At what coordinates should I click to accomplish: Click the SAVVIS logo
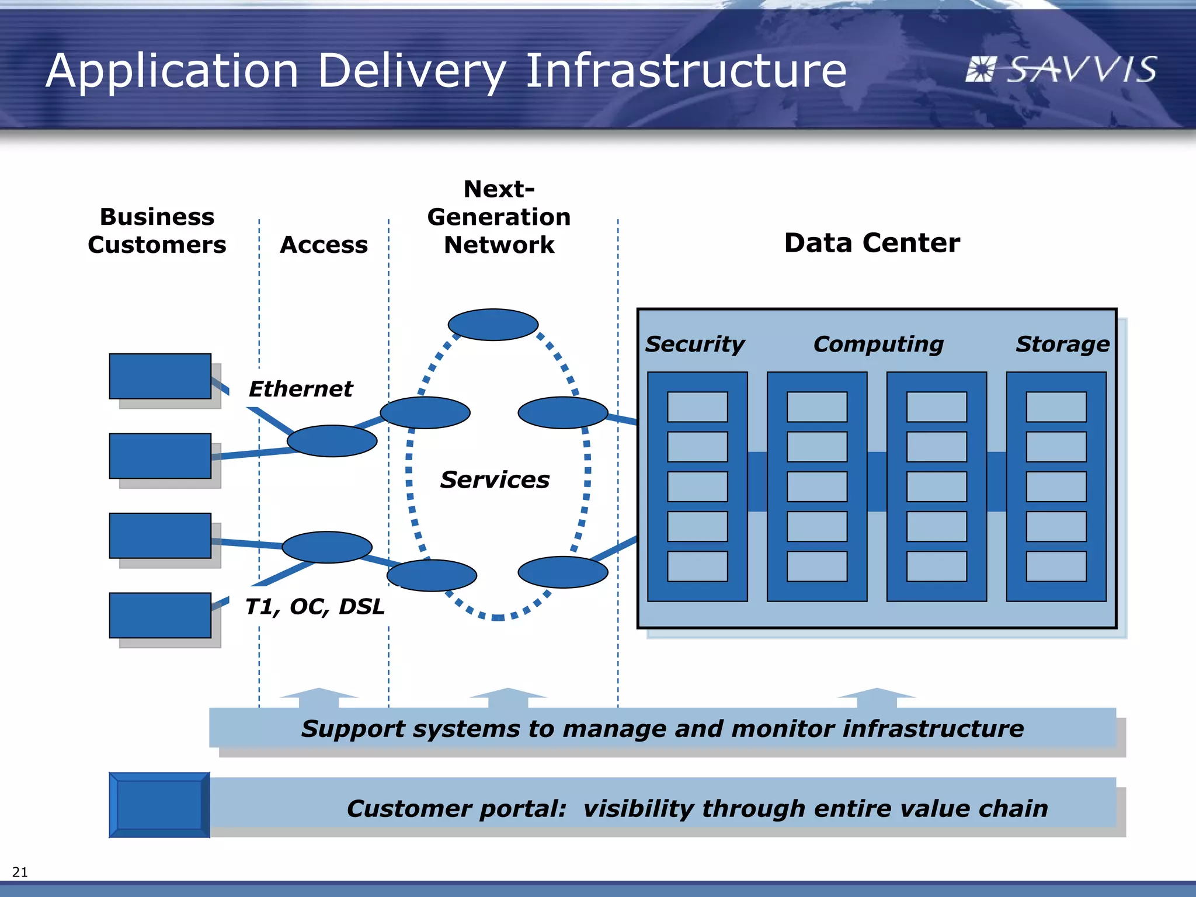point(1060,70)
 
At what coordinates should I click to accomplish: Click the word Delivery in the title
point(412,71)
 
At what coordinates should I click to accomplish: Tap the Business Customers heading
point(157,231)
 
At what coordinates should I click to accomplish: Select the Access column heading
point(324,245)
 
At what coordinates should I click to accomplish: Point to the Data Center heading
point(871,243)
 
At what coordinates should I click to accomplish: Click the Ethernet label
point(300,389)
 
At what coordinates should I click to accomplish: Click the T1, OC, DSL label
point(314,607)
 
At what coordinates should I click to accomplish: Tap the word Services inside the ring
point(495,480)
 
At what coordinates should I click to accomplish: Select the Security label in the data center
point(694,344)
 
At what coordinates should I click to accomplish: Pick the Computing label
point(878,344)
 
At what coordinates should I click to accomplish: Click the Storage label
point(1062,344)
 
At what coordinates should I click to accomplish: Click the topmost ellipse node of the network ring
point(493,325)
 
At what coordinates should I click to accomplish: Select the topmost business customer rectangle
point(160,376)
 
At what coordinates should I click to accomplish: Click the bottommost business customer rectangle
point(160,615)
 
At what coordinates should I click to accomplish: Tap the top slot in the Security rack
point(697,407)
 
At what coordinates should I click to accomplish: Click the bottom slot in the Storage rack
point(1056,566)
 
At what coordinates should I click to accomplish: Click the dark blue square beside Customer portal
point(159,805)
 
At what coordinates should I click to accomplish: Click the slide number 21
point(20,872)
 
